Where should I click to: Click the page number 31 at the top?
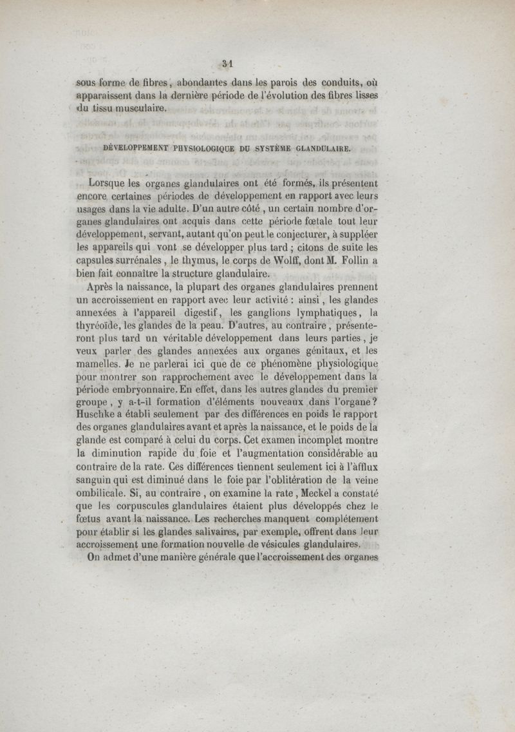(227, 63)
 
